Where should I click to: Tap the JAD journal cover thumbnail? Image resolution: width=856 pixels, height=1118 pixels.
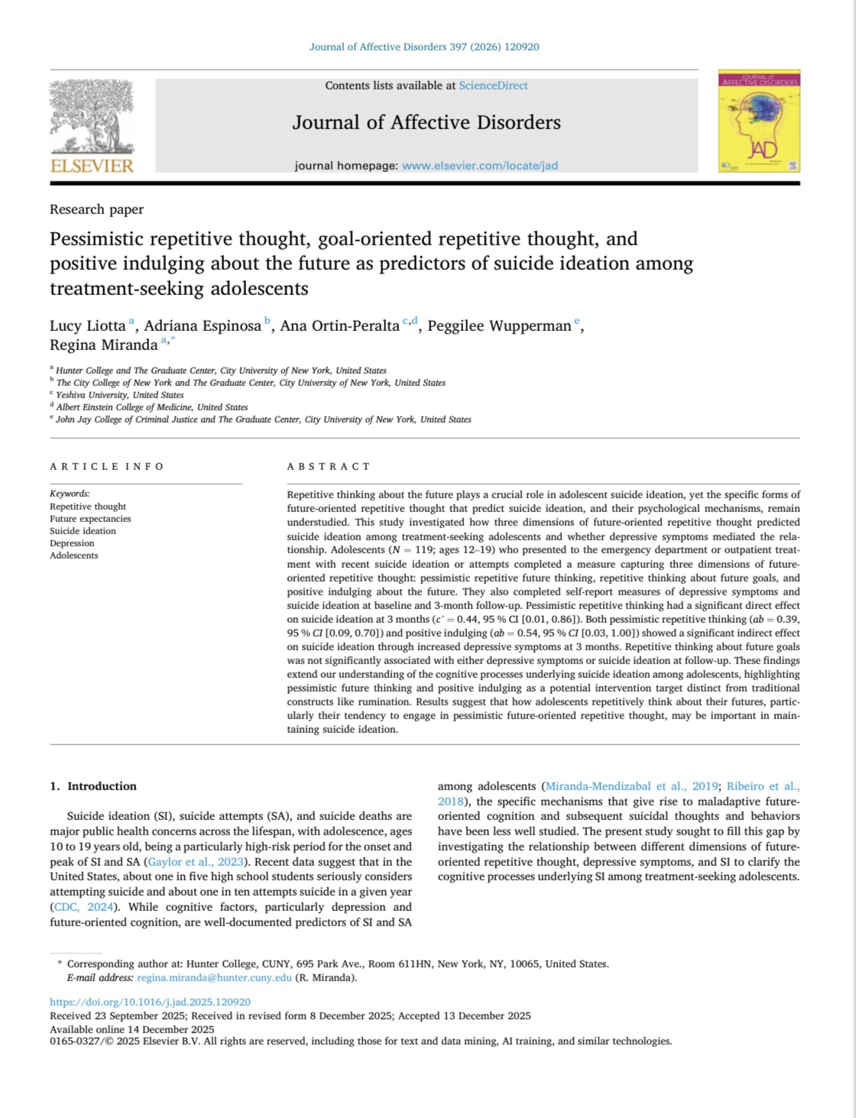pos(758,121)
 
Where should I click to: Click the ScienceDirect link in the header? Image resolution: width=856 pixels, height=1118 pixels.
pos(493,86)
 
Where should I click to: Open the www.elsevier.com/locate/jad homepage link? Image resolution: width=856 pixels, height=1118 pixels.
pos(479,166)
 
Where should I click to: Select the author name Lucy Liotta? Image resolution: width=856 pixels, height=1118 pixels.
pos(88,326)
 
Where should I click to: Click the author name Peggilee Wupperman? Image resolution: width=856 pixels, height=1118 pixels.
pos(499,326)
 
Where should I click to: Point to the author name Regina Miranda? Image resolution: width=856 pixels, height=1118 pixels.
pos(103,345)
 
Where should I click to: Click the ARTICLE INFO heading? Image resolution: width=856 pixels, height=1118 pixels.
pos(107,466)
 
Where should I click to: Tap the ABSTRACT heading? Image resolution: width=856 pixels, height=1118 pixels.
pos(329,466)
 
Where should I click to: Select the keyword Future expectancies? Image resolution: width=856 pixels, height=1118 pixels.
pos(90,519)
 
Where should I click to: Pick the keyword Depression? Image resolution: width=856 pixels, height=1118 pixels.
pos(72,543)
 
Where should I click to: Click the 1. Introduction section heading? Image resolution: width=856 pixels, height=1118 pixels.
pos(93,786)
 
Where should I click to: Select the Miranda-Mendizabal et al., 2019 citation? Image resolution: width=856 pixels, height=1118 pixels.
pos(631,786)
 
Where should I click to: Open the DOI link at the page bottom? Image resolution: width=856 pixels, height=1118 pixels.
pos(150,1002)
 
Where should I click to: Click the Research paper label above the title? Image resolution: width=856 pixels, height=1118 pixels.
pos(96,209)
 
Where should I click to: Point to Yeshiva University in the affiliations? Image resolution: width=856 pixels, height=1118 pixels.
pos(120,395)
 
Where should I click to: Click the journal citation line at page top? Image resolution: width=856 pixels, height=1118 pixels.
pos(424,47)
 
